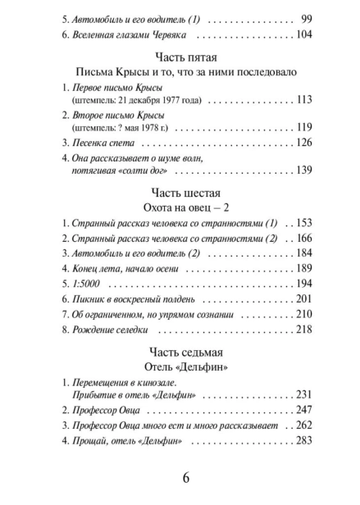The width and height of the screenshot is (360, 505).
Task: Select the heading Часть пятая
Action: pyautogui.click(x=180, y=57)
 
